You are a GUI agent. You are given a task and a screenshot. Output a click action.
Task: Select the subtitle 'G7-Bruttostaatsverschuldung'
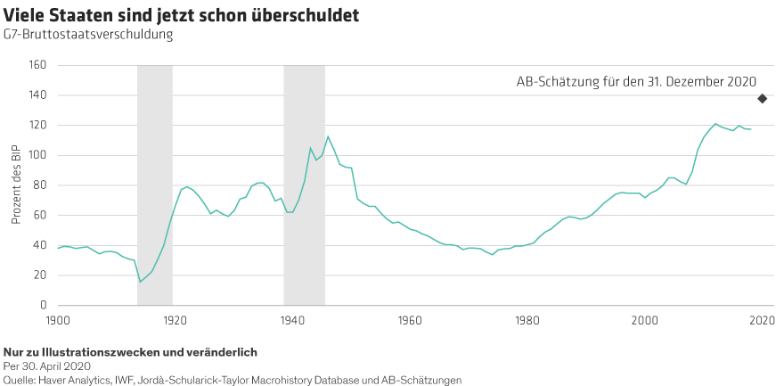click(88, 35)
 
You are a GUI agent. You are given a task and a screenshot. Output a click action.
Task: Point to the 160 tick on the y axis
click(37, 65)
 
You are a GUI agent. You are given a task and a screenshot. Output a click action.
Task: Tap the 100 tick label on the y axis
click(37, 155)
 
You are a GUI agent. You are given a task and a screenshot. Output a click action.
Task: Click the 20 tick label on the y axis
click(39, 275)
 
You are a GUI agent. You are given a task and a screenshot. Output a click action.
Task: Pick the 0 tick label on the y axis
click(43, 306)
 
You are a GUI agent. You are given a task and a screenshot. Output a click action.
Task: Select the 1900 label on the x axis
click(57, 319)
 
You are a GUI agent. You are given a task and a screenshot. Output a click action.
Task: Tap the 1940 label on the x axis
click(292, 319)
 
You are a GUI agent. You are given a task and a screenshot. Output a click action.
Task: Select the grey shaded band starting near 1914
click(155, 185)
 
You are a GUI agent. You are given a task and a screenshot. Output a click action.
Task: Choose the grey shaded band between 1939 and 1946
click(304, 185)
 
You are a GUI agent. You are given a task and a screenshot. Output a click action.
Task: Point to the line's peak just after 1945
click(328, 136)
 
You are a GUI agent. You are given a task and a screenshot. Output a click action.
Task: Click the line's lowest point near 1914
click(140, 282)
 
